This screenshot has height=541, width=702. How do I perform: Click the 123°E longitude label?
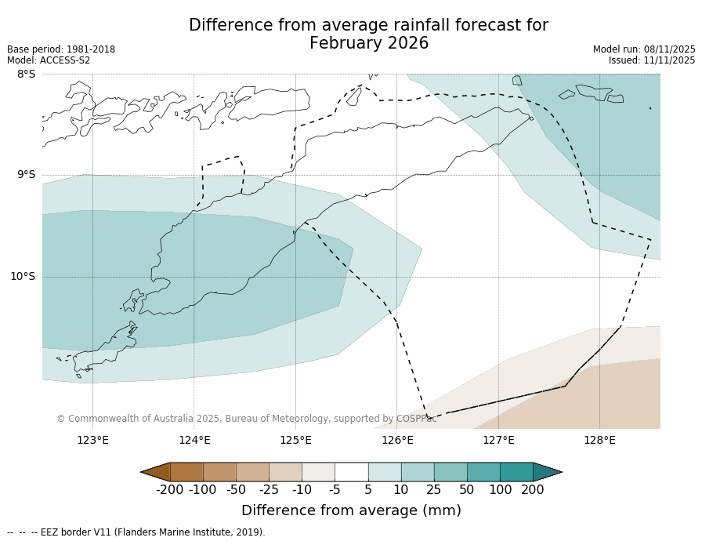tap(92, 440)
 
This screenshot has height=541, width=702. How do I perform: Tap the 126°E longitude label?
tap(397, 440)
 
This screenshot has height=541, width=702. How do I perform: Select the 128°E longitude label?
tap(599, 440)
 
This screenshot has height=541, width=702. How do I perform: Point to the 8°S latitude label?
tap(26, 74)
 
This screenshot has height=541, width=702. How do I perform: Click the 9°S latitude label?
tap(26, 175)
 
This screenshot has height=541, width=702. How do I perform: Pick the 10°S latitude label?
tap(23, 276)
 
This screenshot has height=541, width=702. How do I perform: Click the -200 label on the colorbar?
tap(170, 490)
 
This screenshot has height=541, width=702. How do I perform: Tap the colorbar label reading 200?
tap(533, 490)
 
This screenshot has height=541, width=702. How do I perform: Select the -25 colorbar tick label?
tap(269, 490)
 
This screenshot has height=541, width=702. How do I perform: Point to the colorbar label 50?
tap(467, 490)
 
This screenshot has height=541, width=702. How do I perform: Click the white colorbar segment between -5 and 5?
tap(351, 472)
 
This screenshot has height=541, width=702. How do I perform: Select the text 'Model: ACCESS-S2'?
tap(49, 60)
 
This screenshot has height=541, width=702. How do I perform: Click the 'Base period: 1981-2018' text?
tap(61, 49)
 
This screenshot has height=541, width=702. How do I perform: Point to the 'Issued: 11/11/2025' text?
tap(652, 60)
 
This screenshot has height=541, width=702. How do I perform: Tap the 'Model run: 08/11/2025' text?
tap(644, 49)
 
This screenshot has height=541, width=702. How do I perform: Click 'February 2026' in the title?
tap(369, 43)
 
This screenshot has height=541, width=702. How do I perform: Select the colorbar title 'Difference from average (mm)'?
tap(351, 510)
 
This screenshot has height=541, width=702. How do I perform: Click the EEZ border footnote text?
tap(136, 532)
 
